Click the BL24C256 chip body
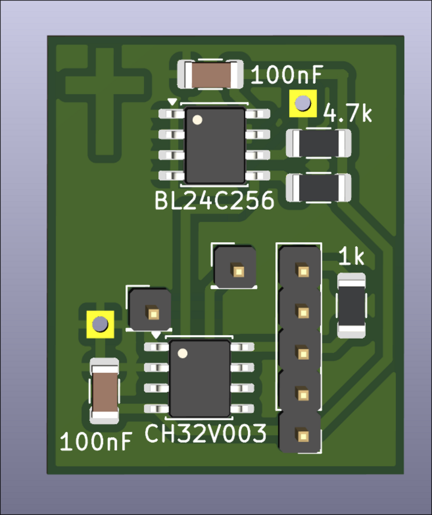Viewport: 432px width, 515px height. (x=215, y=145)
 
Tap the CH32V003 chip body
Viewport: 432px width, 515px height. (x=199, y=379)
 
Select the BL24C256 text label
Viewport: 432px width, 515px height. (x=214, y=201)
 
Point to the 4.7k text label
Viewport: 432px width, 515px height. (x=348, y=114)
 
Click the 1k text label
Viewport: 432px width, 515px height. (x=351, y=258)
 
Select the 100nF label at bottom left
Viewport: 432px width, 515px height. (x=97, y=442)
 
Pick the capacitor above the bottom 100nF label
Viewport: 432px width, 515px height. (x=105, y=391)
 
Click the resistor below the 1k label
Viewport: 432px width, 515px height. (x=352, y=306)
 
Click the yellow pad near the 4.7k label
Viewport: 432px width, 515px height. (x=302, y=103)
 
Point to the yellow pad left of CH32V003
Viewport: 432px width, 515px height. (x=100, y=324)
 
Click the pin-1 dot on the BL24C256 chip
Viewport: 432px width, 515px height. (x=198, y=120)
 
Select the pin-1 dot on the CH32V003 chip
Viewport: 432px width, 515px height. (x=183, y=354)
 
